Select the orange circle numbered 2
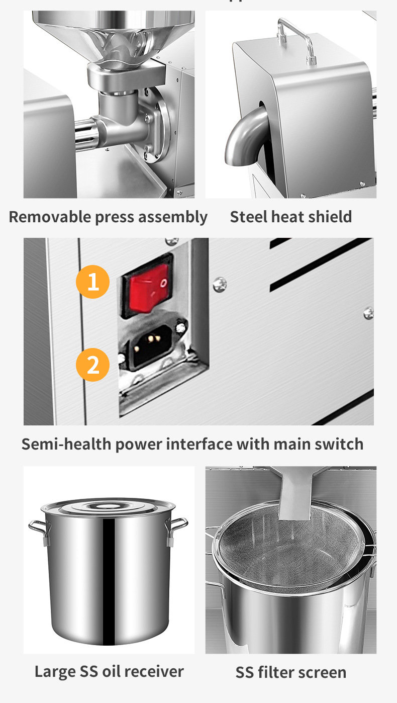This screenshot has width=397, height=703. click(x=93, y=365)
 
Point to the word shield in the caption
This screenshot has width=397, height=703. click(x=329, y=217)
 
